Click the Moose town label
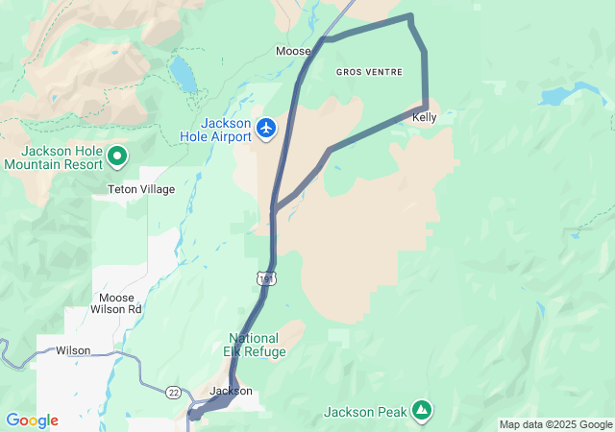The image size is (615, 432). pyautogui.click(x=293, y=51)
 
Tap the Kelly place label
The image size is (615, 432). pyautogui.click(x=424, y=117)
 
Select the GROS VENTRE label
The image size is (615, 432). pyautogui.click(x=369, y=72)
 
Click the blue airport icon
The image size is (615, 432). pyautogui.click(x=266, y=127)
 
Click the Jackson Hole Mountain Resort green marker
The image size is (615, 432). pyautogui.click(x=117, y=154)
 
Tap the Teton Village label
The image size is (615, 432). pyautogui.click(x=141, y=189)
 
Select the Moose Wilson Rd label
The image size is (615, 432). pyautogui.click(x=115, y=303)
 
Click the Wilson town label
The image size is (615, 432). pyautogui.click(x=73, y=350)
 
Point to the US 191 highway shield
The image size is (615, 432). pyautogui.click(x=264, y=277)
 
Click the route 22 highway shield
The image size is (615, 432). pyautogui.click(x=173, y=392)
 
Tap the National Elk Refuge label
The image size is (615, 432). pyautogui.click(x=255, y=345)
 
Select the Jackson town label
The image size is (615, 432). pyautogui.click(x=231, y=391)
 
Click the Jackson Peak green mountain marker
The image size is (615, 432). pyautogui.click(x=421, y=410)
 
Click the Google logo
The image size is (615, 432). pyautogui.click(x=32, y=420)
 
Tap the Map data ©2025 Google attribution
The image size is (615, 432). pyautogui.click(x=555, y=424)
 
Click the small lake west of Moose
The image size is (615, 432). pyautogui.click(x=183, y=73)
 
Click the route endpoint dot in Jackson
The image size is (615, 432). pyautogui.click(x=195, y=415)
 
